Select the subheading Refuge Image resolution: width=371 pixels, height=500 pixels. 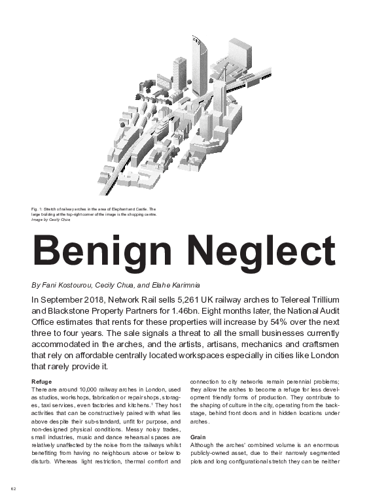pyautogui.click(x=41, y=382)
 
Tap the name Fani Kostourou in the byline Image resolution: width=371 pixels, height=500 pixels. pyautogui.click(x=68, y=286)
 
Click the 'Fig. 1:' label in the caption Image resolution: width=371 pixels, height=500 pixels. pyautogui.click(x=38, y=209)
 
